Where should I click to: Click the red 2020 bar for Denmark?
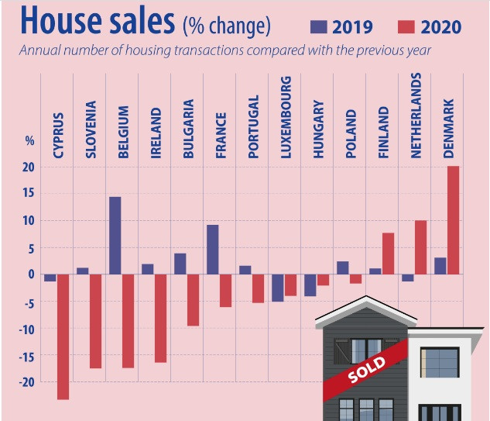453,219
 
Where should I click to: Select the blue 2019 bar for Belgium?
115,235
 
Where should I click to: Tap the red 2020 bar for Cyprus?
63,336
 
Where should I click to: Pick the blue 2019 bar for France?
212,249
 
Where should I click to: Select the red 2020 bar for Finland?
388,253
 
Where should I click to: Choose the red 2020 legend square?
405,27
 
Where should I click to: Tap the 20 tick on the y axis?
29,167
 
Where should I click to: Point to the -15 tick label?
28,355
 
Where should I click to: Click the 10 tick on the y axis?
29,221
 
